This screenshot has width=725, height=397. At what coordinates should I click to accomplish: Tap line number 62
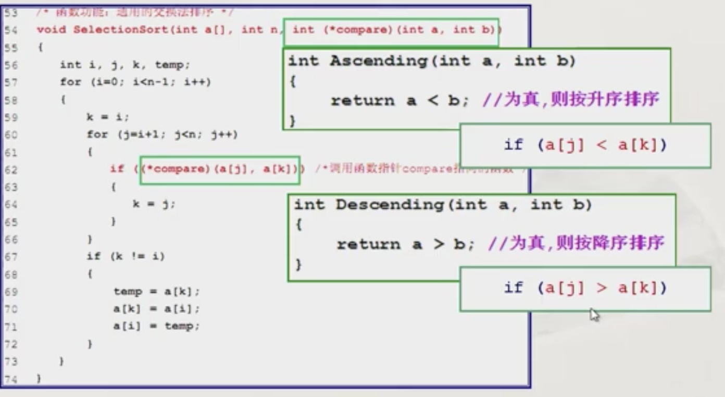click(11, 170)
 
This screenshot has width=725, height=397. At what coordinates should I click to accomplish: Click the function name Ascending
click(378, 61)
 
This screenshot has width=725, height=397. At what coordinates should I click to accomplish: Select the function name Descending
click(389, 205)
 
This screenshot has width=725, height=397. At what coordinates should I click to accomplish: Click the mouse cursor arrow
click(594, 314)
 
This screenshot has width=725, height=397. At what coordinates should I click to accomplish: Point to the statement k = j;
click(154, 205)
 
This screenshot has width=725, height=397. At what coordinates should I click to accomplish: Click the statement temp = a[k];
click(156, 292)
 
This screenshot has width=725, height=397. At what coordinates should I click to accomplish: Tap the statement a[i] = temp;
click(156, 327)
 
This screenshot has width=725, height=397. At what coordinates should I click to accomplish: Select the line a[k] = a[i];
click(156, 309)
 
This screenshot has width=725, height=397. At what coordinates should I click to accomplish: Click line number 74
click(11, 379)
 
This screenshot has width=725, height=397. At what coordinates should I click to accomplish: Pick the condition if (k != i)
click(126, 256)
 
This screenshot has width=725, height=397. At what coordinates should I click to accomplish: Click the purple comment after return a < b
click(570, 100)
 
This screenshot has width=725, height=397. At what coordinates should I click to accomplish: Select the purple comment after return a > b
click(576, 243)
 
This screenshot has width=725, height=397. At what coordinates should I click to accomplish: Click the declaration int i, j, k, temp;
click(125, 65)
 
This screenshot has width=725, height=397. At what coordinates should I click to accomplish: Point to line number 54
click(11, 30)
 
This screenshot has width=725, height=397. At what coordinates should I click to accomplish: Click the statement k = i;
click(108, 117)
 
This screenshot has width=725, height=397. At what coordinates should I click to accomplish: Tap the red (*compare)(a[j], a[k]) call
click(219, 170)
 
